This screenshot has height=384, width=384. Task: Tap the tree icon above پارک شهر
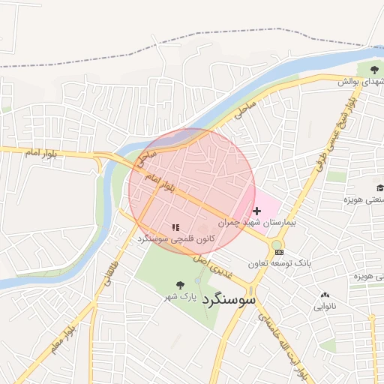coord(179,284)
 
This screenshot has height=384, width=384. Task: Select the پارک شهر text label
coord(181,297)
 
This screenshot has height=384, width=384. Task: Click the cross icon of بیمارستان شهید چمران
coord(257,211)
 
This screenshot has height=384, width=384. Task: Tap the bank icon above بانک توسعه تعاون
coord(279,252)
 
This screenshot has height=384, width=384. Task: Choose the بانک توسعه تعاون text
coord(280,263)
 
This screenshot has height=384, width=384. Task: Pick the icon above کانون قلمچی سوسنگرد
coord(175,226)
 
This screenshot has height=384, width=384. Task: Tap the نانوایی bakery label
coord(325,306)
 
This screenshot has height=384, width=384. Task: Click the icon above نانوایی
coord(325,295)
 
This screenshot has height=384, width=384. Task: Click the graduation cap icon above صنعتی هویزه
coord(380,187)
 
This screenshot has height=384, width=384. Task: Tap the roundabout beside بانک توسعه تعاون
coord(277,243)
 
